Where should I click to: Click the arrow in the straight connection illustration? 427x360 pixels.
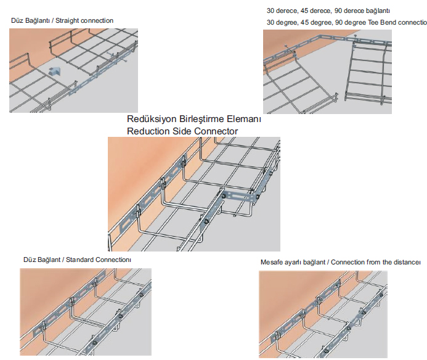[54, 71]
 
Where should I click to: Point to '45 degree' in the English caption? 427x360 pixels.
[316, 23]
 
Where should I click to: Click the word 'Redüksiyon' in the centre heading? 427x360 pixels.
[151, 119]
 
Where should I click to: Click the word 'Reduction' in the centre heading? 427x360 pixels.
[148, 131]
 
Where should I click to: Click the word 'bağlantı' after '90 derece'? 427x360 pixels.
[378, 11]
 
